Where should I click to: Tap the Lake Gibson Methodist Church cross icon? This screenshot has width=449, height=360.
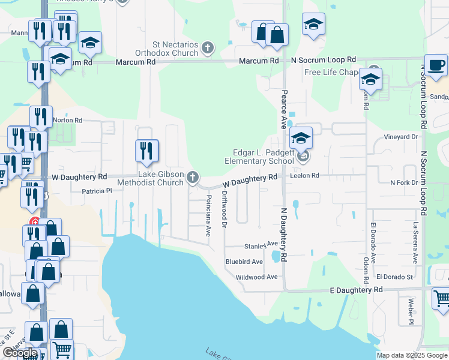click(193, 176)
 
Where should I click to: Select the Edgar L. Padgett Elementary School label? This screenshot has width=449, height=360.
click(259, 157)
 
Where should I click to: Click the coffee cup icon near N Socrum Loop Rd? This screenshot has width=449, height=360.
click(436, 64)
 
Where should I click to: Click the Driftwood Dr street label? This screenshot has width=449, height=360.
click(224, 209)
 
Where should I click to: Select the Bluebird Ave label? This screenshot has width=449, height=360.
click(244, 262)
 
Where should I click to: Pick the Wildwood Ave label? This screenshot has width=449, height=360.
click(257, 277)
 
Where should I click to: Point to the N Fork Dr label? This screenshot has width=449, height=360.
click(403, 182)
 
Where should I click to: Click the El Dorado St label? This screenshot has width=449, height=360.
click(395, 277)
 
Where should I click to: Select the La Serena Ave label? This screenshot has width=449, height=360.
click(415, 244)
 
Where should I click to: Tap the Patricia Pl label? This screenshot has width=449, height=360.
click(97, 191)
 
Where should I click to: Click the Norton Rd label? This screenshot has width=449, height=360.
click(68, 120)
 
